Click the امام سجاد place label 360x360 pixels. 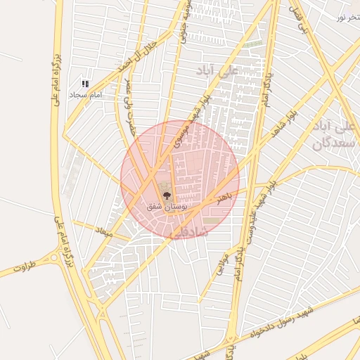(86, 94)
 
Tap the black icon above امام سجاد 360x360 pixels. (86, 84)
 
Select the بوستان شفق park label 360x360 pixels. (167, 207)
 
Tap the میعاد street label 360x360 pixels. (104, 231)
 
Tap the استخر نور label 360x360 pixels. (349, 16)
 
